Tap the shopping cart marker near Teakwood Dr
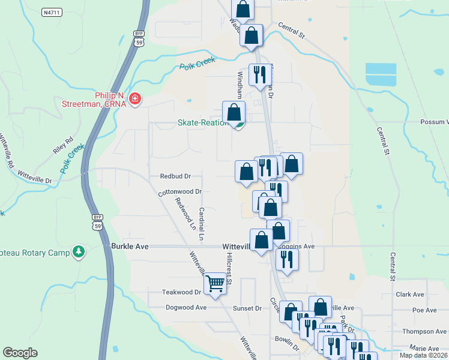215,283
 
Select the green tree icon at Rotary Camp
77,251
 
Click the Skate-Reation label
203,122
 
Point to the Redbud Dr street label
175,176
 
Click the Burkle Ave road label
130,246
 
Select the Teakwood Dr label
181,292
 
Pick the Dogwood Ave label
186,307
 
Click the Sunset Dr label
247,308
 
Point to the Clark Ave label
410,295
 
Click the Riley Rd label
62,146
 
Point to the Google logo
20,353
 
